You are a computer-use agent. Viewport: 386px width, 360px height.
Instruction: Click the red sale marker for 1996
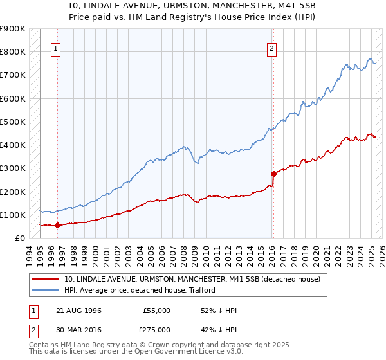[57, 225]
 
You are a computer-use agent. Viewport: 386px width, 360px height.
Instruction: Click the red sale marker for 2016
[273, 174]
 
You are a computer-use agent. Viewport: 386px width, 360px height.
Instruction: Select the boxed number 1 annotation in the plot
[57, 47]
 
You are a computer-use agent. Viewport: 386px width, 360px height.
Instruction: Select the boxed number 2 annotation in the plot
[272, 47]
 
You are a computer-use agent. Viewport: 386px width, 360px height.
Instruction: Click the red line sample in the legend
[46, 279]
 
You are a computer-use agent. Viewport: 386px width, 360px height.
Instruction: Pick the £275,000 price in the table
[156, 329]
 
